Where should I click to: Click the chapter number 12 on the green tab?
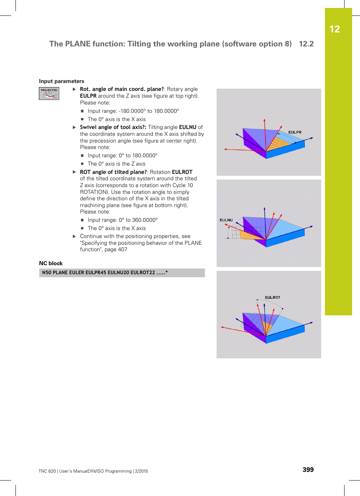tap(334, 29)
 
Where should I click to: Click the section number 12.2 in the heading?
tap(306, 44)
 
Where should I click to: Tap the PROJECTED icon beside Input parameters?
tap(49, 94)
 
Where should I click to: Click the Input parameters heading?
tap(62, 81)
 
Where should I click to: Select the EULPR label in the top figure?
tap(295, 132)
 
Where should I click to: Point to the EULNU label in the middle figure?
tap(226, 220)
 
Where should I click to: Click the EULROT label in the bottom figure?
tap(272, 298)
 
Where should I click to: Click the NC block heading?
tap(51, 263)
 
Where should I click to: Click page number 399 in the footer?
tap(308, 470)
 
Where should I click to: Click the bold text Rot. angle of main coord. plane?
tap(122, 89)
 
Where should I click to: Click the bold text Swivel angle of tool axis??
tap(113, 127)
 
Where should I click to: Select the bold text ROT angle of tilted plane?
tap(113, 172)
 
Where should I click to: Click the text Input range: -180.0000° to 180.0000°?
tap(133, 111)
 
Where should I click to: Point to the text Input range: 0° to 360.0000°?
tap(123, 220)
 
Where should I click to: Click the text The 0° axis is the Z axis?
tap(117, 164)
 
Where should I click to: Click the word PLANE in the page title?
tap(78, 44)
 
